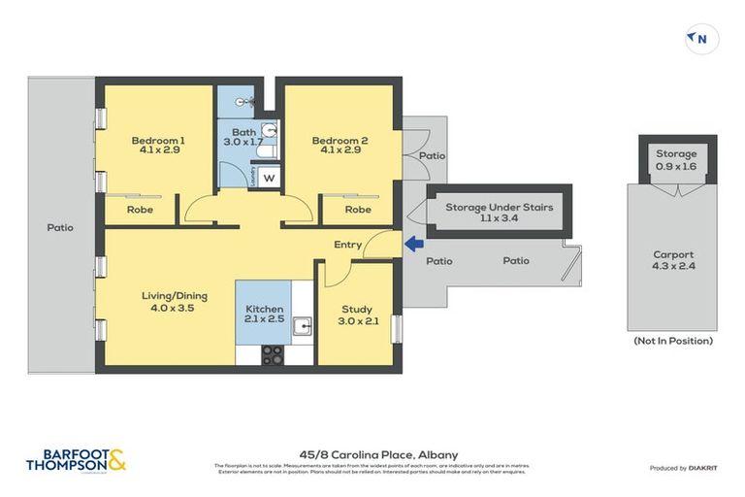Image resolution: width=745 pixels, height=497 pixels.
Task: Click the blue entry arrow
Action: click(x=412, y=245)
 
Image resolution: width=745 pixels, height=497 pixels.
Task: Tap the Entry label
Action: click(x=347, y=245)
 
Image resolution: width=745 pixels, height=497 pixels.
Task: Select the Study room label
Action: click(x=356, y=311)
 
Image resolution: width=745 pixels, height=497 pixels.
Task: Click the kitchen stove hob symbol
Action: click(x=273, y=354)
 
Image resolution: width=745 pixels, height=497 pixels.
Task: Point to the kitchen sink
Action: click(x=302, y=326)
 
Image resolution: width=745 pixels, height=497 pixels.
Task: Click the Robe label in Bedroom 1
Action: click(x=140, y=210)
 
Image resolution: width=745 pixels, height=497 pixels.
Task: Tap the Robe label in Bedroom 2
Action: click(x=358, y=210)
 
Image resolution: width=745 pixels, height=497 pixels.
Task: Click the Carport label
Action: click(x=673, y=255)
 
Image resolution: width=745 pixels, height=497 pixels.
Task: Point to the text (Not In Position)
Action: click(x=673, y=341)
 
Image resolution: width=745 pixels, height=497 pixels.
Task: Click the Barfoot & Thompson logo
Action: click(x=77, y=461)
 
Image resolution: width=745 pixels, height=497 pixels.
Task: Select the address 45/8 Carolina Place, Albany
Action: click(x=372, y=454)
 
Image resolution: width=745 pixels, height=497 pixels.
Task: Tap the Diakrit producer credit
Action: click(x=684, y=468)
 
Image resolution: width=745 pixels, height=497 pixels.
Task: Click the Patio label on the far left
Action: click(x=59, y=228)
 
